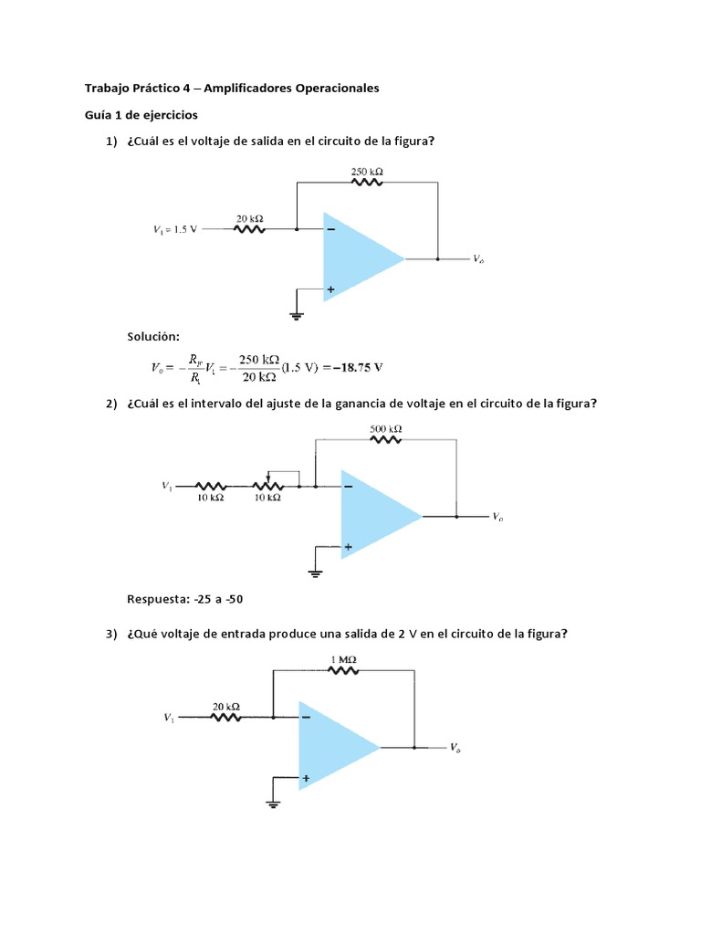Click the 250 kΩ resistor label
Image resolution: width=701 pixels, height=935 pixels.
pyautogui.click(x=367, y=170)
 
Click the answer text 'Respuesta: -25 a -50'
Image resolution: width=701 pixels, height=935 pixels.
pyautogui.click(x=185, y=599)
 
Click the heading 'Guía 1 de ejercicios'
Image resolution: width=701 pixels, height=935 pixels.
pyautogui.click(x=141, y=115)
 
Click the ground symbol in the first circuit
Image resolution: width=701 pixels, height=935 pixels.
pyautogui.click(x=297, y=316)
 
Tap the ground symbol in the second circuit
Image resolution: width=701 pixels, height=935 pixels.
pyautogui.click(x=314, y=573)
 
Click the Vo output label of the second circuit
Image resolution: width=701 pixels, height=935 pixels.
pyautogui.click(x=497, y=517)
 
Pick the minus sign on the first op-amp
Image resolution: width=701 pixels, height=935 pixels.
pyautogui.click(x=330, y=229)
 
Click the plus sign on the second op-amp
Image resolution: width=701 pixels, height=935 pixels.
pyautogui.click(x=348, y=548)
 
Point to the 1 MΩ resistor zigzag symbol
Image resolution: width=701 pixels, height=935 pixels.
pyautogui.click(x=342, y=670)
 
